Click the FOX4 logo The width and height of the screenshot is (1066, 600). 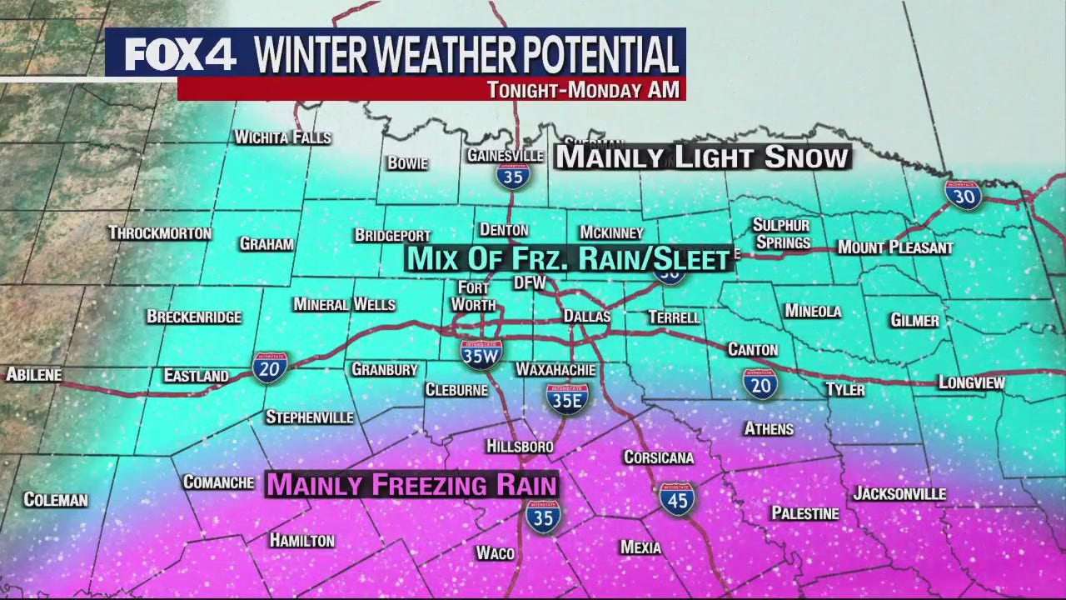[x=180, y=55]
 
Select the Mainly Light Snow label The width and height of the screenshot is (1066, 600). [x=702, y=157]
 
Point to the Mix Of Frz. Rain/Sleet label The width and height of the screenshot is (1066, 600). [x=568, y=259]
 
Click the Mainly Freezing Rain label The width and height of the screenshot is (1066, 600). [x=411, y=484]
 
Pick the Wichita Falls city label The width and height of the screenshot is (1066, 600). [x=283, y=137]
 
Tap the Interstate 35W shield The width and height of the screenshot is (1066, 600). [x=481, y=353]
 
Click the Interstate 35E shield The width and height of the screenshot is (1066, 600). [x=568, y=398]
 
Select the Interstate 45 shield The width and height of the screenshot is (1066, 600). [x=677, y=498]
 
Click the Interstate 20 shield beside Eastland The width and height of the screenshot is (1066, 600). [x=271, y=367]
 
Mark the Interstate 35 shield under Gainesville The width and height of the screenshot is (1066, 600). [x=513, y=175]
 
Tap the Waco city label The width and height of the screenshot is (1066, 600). [x=495, y=553]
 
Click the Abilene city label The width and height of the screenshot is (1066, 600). [x=34, y=375]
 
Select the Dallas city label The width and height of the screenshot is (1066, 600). [x=587, y=317]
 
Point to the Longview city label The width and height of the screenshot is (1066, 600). [x=971, y=382]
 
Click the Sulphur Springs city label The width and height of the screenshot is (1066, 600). [x=781, y=233]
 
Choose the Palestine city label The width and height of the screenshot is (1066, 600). [x=804, y=513]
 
